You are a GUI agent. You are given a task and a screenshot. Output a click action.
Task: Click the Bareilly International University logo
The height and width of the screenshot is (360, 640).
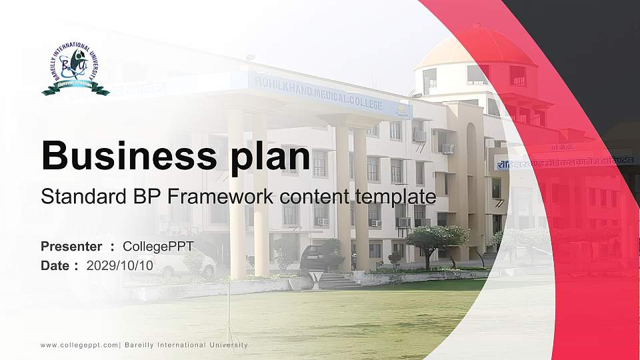(75, 69)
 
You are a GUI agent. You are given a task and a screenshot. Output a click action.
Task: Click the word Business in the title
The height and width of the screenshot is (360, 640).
(125, 157)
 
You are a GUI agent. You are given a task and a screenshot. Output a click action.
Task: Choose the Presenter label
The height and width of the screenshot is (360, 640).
(71, 247)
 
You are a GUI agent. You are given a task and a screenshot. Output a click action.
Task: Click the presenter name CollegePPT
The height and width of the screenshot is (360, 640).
(158, 247)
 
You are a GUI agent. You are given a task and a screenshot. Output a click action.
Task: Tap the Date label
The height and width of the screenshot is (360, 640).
(55, 265)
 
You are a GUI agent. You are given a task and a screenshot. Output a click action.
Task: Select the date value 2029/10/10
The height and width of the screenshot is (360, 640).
(120, 265)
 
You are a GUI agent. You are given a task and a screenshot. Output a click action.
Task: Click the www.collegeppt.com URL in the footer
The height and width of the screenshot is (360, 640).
(79, 345)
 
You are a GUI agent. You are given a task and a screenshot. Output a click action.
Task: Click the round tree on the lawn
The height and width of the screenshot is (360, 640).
(437, 239)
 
